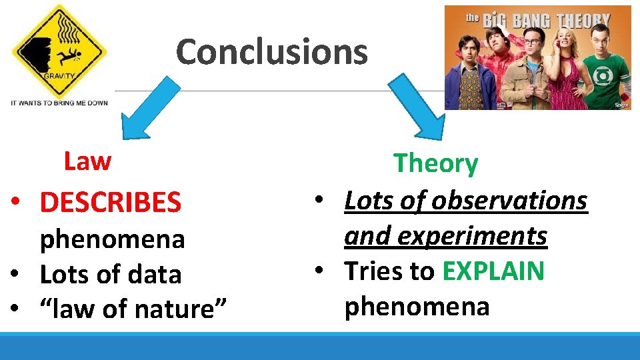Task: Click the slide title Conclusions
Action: (271, 51)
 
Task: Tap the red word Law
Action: (87, 161)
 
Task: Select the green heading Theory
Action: (435, 163)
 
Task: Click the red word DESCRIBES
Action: (110, 202)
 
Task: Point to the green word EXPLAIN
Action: (493, 271)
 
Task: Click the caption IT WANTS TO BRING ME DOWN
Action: (59, 103)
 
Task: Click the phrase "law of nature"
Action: (133, 309)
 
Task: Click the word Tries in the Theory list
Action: (372, 271)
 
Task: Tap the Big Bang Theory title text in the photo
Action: (537, 20)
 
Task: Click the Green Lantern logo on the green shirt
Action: (603, 75)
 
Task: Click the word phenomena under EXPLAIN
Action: (417, 306)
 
